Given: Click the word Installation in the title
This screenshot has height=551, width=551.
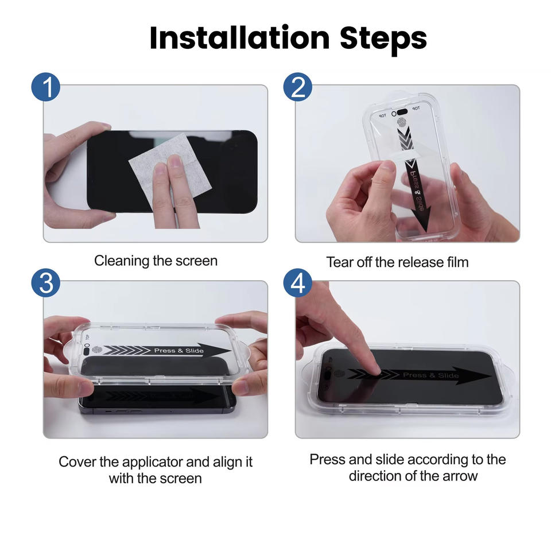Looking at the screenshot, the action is (239, 37).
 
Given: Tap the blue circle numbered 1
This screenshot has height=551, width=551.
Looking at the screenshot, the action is (46, 87).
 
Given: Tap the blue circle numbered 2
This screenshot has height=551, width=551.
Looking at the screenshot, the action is (298, 87).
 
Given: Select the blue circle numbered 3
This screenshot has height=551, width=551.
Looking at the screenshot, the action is (46, 283).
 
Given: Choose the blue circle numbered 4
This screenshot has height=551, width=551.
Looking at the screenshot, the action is (298, 283).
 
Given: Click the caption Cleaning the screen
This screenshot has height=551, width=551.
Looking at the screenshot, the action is (156, 261).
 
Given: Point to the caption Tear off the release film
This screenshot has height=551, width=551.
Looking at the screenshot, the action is (397, 262).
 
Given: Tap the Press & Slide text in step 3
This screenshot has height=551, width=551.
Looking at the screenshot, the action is (179, 351).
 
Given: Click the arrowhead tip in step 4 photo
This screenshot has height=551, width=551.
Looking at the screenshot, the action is (491, 375).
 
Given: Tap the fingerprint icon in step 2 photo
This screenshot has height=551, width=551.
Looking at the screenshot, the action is (402, 123).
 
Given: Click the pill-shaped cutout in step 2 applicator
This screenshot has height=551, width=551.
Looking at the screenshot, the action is (399, 112).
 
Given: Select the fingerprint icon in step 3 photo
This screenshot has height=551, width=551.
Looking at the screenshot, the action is (96, 350).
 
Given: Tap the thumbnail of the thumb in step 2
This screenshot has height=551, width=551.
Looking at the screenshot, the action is (387, 166).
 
